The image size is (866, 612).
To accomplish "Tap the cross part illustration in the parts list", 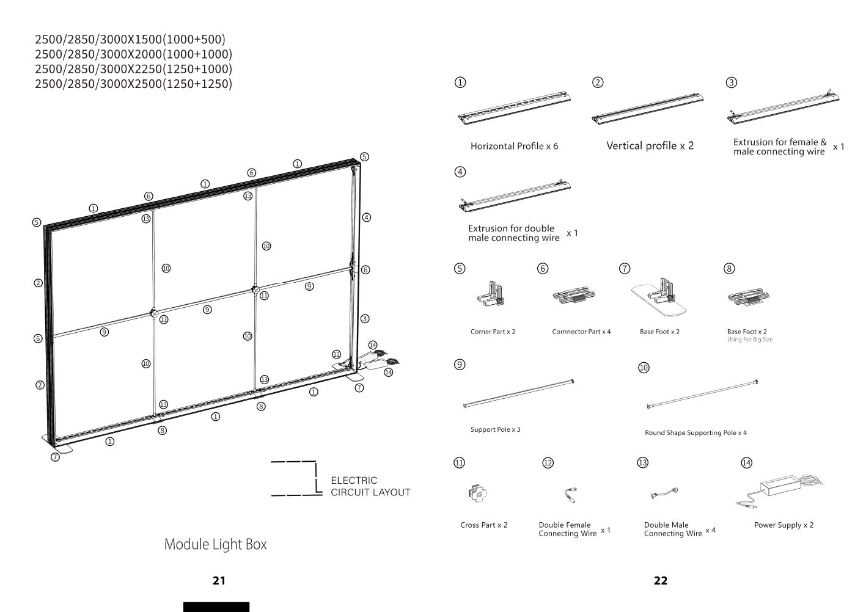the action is pos(477,494).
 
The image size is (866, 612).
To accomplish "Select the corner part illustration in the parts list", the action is pos(490,294).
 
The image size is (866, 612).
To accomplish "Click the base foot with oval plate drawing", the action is pos(659,297).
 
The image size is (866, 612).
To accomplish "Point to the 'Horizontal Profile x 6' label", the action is pos(514,146).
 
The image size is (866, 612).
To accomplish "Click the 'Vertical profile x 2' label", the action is pos(650,145).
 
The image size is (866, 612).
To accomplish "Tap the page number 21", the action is pos(219,580).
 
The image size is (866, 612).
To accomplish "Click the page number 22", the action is pos(660,580).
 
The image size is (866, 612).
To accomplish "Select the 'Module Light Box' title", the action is pos(215,544).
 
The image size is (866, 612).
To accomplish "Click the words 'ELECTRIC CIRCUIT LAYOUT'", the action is pos(370,486).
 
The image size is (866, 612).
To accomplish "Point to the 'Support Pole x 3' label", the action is pos(495,429).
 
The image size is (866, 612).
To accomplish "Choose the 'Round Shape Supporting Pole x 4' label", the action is pos(695,432).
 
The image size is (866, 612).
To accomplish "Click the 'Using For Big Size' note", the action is pos(750,340).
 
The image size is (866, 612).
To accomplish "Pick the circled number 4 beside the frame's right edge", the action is pos(367,217).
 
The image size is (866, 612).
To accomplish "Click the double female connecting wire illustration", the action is pos(570,495).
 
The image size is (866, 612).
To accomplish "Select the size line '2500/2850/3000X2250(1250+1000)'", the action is pos(133,69).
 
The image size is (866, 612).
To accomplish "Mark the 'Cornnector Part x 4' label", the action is pos(581,332).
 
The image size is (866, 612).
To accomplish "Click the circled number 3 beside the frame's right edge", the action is pos(365,319).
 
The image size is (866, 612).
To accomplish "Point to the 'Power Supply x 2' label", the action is pos(783,525).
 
